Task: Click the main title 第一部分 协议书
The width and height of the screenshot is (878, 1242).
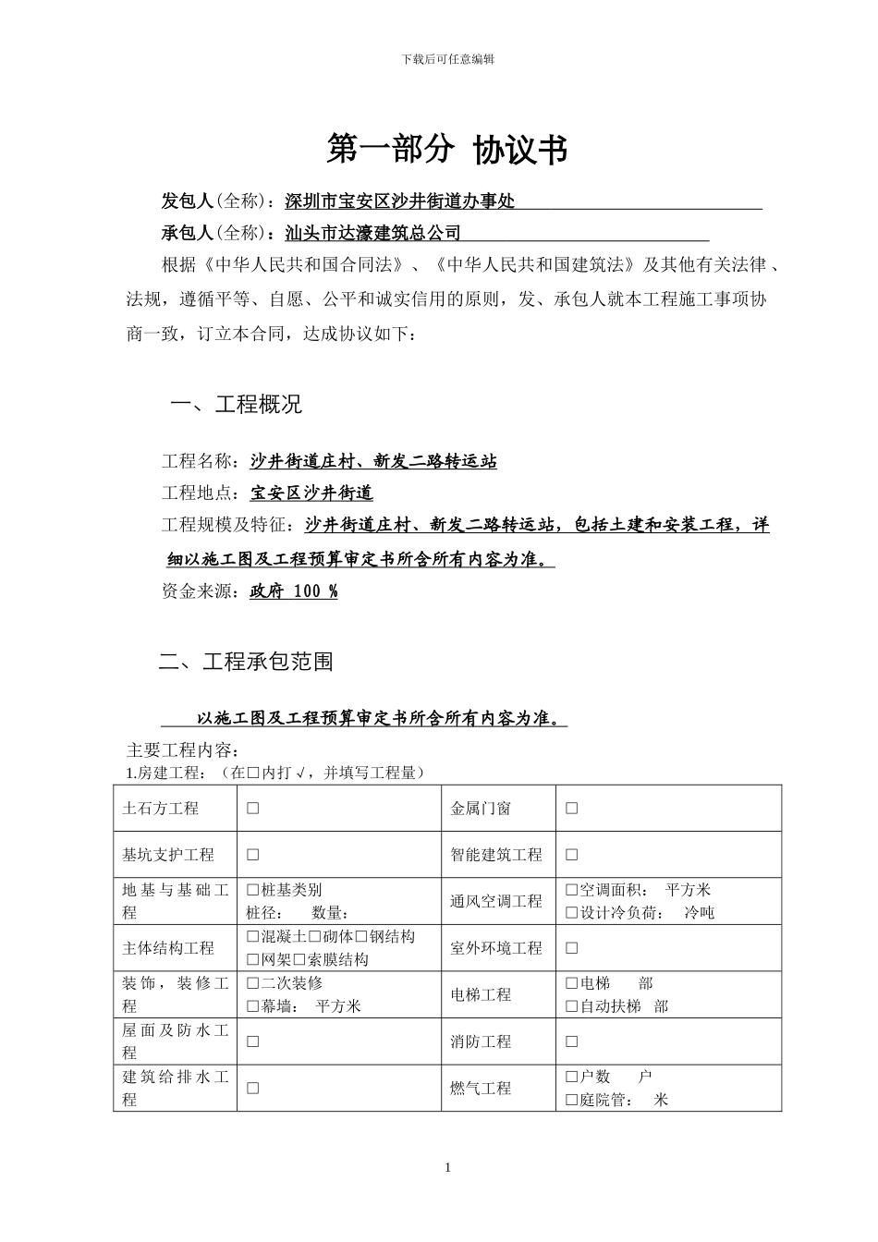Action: click(447, 150)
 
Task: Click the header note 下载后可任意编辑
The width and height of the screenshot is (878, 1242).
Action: click(448, 59)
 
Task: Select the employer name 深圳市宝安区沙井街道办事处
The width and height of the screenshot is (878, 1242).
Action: click(399, 201)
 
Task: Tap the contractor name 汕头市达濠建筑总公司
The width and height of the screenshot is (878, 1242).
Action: click(373, 233)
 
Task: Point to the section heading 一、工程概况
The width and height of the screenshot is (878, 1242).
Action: click(237, 405)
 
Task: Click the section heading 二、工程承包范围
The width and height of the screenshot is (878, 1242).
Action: click(246, 662)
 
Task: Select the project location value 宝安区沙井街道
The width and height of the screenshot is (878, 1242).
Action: click(311, 493)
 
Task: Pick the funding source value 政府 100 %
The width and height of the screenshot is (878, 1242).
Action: click(294, 591)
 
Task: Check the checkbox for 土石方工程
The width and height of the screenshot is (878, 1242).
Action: click(252, 809)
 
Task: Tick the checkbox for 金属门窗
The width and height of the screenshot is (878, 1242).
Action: click(571, 809)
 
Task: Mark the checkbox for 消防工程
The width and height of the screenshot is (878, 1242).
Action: click(571, 1042)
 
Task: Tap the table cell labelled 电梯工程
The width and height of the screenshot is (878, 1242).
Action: click(481, 995)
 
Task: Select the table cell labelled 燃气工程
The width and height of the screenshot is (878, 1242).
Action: click(481, 1089)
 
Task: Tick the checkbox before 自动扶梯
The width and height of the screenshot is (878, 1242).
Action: click(571, 1007)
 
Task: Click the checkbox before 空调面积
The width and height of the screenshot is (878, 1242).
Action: click(571, 891)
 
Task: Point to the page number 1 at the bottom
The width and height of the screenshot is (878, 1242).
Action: click(448, 1168)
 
